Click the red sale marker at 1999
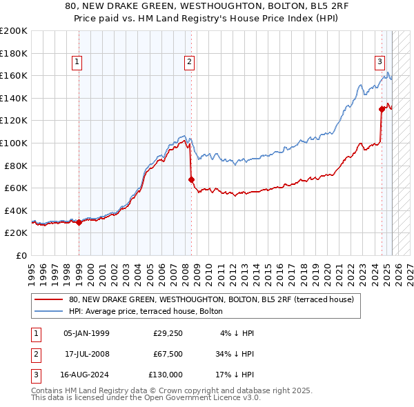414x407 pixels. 79,222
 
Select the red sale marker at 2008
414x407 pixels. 191,179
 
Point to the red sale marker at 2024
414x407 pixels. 382,109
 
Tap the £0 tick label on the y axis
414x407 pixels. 21,255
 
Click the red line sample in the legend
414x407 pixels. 48,300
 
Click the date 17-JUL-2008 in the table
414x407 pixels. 86,354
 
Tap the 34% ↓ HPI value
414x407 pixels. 235,354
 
